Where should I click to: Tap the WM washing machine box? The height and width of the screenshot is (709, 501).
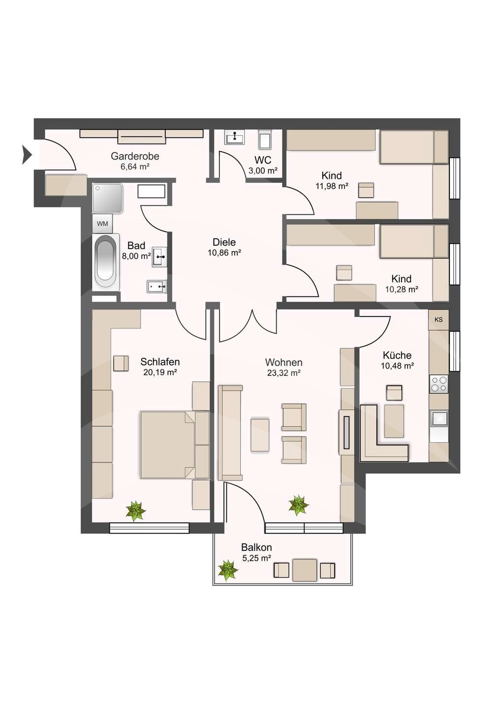tap(102, 224)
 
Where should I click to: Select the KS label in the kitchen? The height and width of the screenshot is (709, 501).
tap(438, 320)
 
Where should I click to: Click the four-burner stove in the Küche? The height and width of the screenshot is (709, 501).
tap(438, 384)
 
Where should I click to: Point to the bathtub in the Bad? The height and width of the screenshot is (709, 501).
tap(106, 262)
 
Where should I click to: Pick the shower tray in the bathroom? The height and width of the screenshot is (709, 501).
tap(107, 198)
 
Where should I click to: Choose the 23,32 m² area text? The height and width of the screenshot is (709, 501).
tap(283, 373)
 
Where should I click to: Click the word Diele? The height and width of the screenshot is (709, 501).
tap(224, 242)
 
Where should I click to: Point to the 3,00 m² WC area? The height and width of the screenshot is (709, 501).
tap(263, 171)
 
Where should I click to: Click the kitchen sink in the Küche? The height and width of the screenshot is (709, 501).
tap(438, 418)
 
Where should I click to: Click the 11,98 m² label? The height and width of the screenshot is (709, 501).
tap(332, 186)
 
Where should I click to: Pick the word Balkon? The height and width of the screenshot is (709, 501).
tap(256, 548)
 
